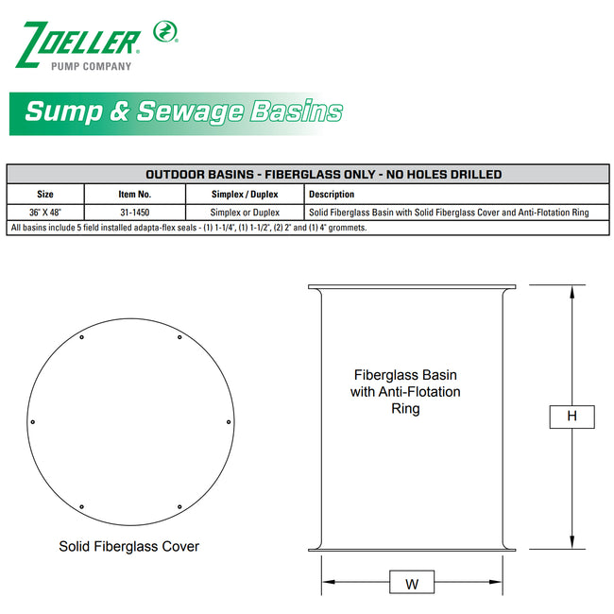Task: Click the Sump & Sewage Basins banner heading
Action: click(183, 111)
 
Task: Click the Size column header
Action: click(45, 194)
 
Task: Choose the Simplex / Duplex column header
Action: click(245, 194)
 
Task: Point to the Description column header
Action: click(332, 194)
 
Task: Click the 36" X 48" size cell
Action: click(45, 213)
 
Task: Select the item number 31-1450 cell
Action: click(135, 213)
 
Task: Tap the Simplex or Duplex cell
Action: click(245, 213)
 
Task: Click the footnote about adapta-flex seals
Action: click(188, 228)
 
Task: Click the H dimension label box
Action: click(571, 416)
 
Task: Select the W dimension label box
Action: click(412, 584)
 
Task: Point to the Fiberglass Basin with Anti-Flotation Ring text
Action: click(405, 391)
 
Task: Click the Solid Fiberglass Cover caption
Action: click(129, 546)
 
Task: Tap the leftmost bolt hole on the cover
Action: click(33, 421)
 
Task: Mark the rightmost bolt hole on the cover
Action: click(229, 421)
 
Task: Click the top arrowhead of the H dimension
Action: click(571, 292)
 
